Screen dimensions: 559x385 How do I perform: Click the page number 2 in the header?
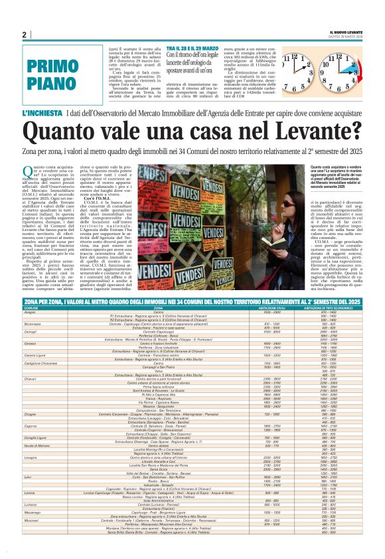point(24,35)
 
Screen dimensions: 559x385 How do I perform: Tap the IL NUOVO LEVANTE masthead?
point(346,33)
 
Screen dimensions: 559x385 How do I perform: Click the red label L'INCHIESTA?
point(44,114)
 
